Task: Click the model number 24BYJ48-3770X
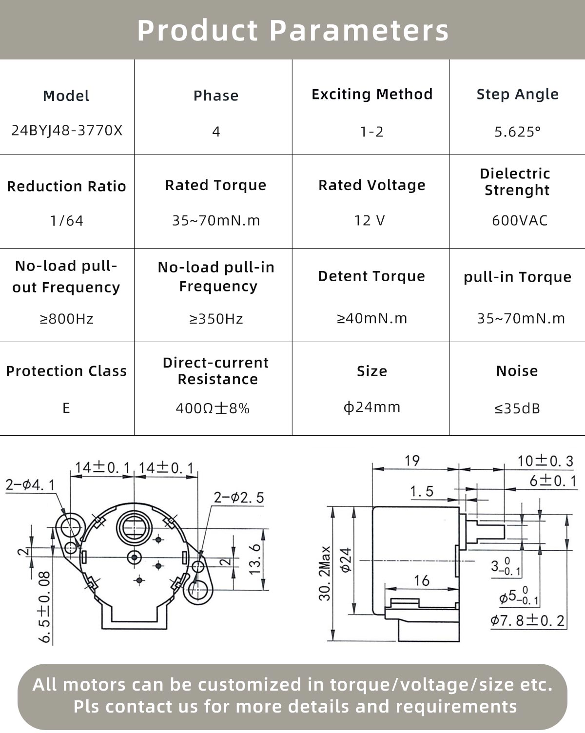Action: (x=67, y=131)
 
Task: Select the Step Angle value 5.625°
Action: (x=518, y=132)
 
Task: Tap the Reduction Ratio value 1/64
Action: (x=67, y=221)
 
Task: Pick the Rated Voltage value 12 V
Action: (x=370, y=221)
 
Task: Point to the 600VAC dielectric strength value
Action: (x=520, y=220)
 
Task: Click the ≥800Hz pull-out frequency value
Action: (x=67, y=319)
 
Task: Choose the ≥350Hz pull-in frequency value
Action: (x=216, y=319)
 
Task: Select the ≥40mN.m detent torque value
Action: (x=372, y=318)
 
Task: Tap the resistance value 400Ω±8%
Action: (x=213, y=408)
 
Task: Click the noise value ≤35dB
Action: (x=518, y=408)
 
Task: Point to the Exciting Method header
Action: (x=372, y=94)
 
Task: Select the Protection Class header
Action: (x=66, y=371)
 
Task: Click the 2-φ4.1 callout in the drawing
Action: (x=30, y=484)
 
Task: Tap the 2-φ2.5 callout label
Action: (x=239, y=498)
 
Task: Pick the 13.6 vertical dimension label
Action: (x=256, y=559)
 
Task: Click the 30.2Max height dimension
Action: (x=325, y=573)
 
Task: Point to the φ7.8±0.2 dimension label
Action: (x=527, y=621)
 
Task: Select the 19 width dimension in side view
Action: (x=412, y=461)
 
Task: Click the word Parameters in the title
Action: (x=359, y=30)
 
